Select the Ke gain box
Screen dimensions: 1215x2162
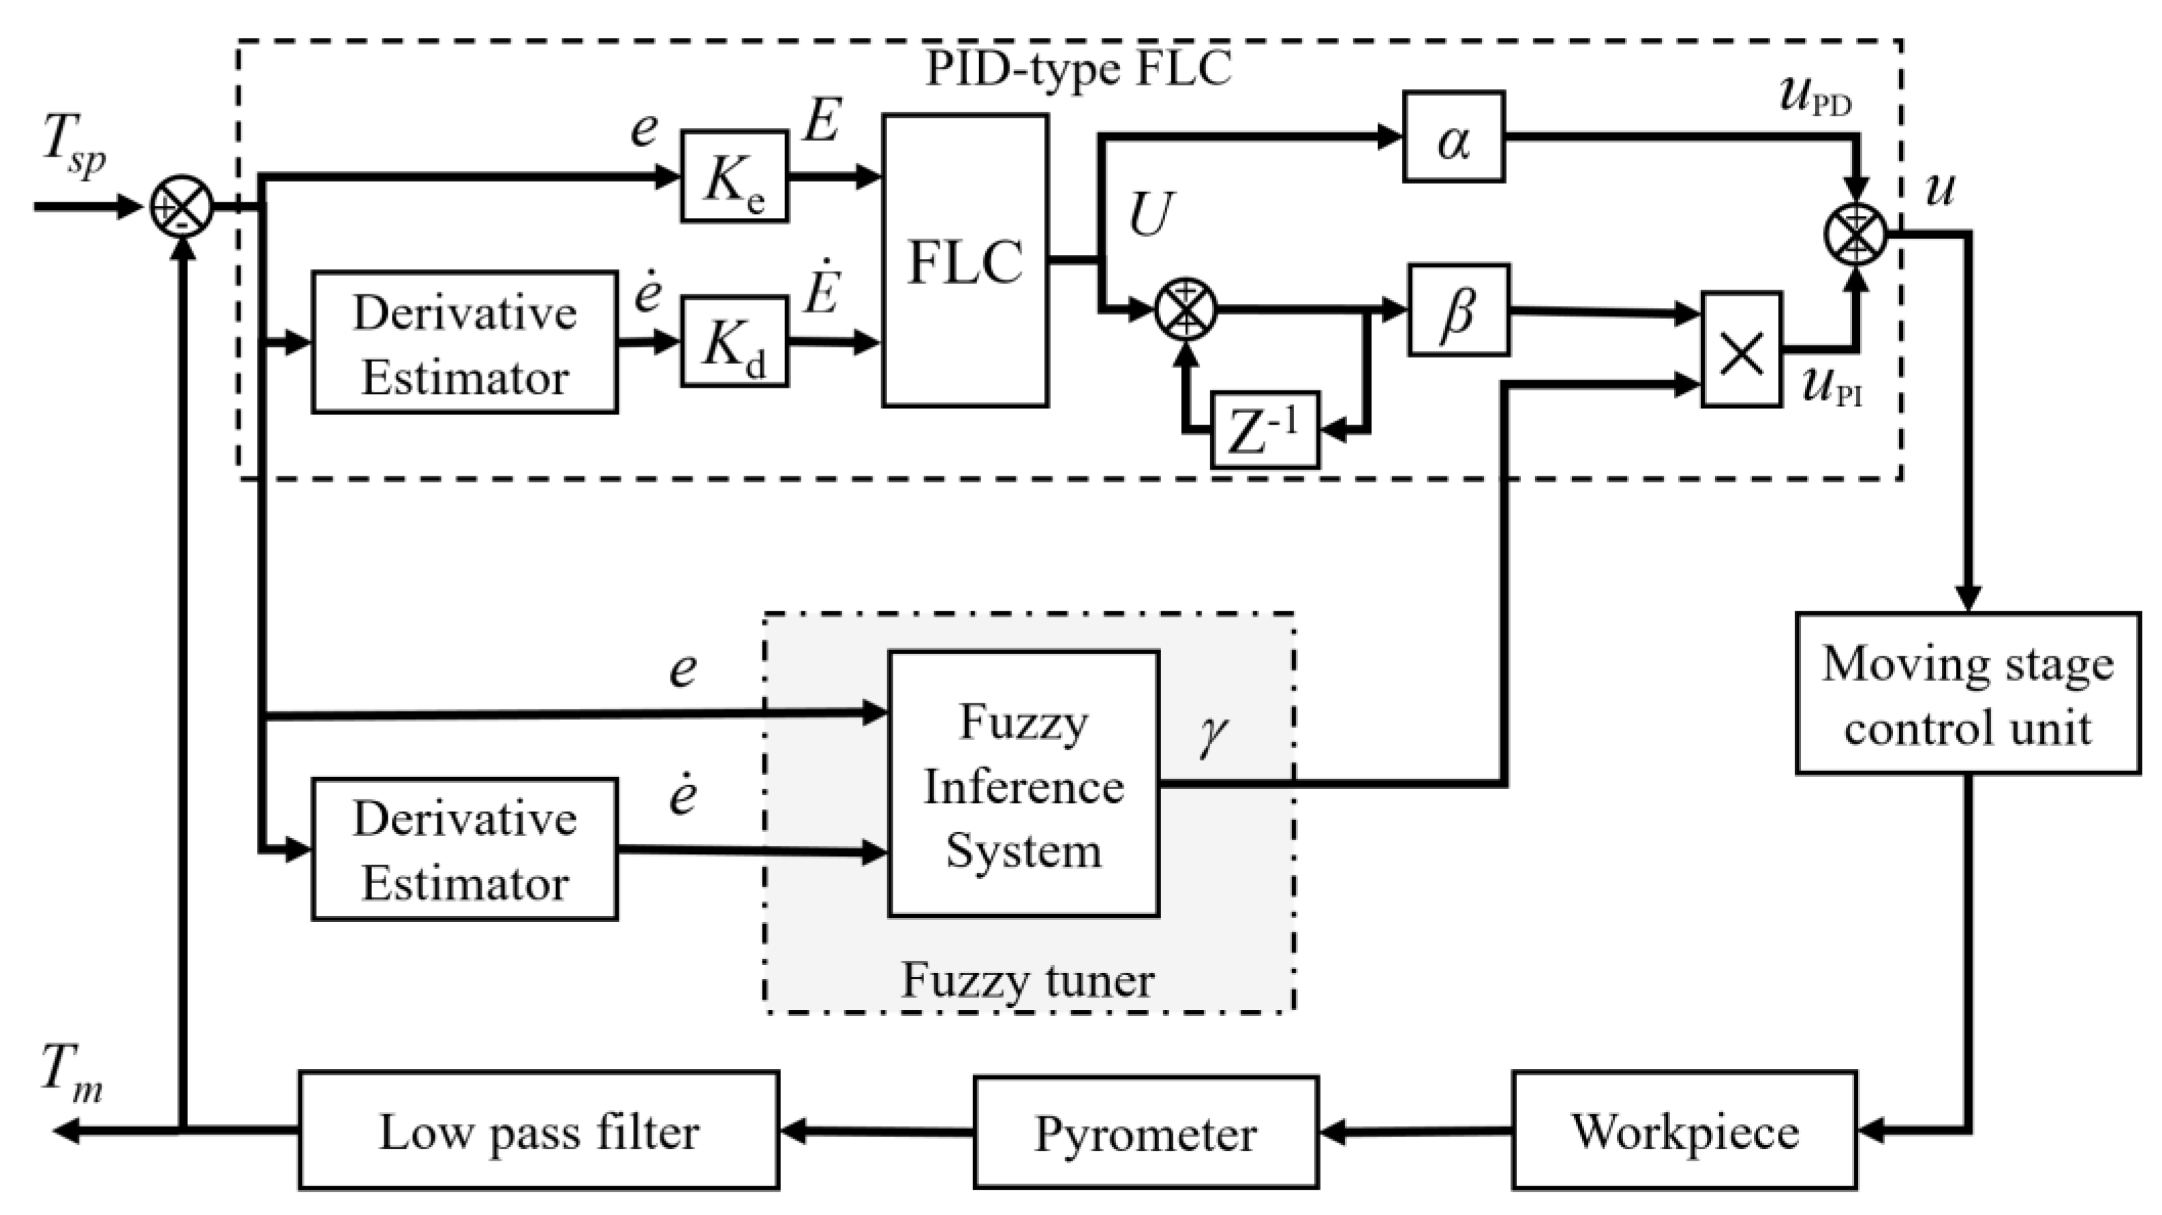pyautogui.click(x=734, y=176)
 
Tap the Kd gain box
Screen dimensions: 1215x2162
pyautogui.click(x=734, y=341)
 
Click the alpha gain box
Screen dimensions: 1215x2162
pyautogui.click(x=1453, y=137)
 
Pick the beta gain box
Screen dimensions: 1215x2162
pyautogui.click(x=1458, y=311)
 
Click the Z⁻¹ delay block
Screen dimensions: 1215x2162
pyautogui.click(x=1264, y=431)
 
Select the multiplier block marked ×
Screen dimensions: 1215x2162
pyautogui.click(x=1741, y=350)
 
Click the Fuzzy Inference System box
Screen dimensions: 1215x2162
pyautogui.click(x=1023, y=784)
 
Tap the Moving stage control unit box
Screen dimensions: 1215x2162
pyautogui.click(x=1966, y=693)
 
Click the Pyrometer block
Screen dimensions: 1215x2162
pyautogui.click(x=1145, y=1132)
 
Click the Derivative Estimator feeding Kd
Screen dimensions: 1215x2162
pyautogui.click(x=464, y=342)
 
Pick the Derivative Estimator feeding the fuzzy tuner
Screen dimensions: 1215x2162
pyautogui.click(x=464, y=849)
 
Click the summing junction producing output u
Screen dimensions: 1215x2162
pyautogui.click(x=1855, y=234)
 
